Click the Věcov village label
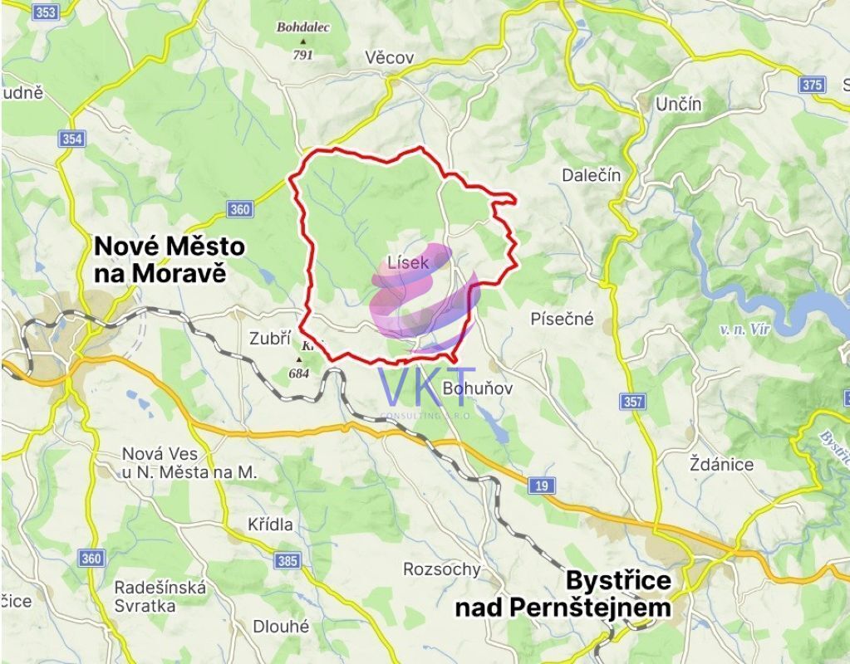coord(390,57)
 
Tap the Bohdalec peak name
coord(303,27)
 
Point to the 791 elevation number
coord(302,55)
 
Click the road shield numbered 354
coord(71,139)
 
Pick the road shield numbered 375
coord(812,85)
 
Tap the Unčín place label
coord(679,105)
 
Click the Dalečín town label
coord(592,175)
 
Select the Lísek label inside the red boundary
coord(408,263)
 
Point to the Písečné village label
coord(563,319)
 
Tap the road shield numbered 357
coord(632,402)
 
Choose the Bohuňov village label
coord(472,388)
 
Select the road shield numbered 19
coord(542,486)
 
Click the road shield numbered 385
coord(287,561)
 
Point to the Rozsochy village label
coord(441,569)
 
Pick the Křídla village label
coord(270,525)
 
